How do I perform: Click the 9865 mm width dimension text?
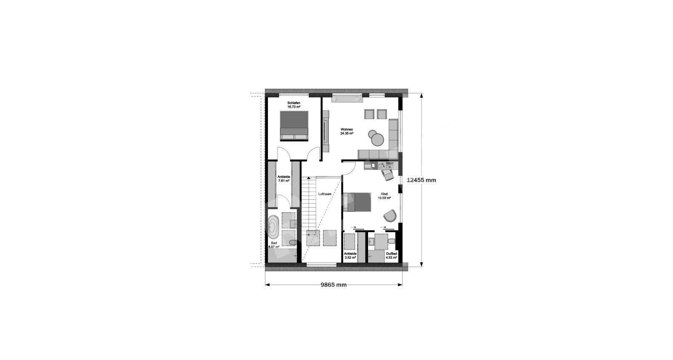[334, 285]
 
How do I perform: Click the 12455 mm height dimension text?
[421, 180]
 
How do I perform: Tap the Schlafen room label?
[294, 103]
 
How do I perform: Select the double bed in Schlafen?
[294, 126]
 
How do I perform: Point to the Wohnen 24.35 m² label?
[347, 131]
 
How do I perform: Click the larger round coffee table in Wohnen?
[377, 140]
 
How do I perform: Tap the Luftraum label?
[325, 194]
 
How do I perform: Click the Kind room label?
[384, 194]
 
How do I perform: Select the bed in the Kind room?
[357, 202]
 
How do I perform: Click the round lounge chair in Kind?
[390, 215]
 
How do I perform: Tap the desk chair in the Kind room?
[387, 175]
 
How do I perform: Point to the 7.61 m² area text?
[284, 181]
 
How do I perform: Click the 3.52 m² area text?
[350, 257]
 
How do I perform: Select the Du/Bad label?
[392, 254]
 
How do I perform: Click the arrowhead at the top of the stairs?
[309, 178]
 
